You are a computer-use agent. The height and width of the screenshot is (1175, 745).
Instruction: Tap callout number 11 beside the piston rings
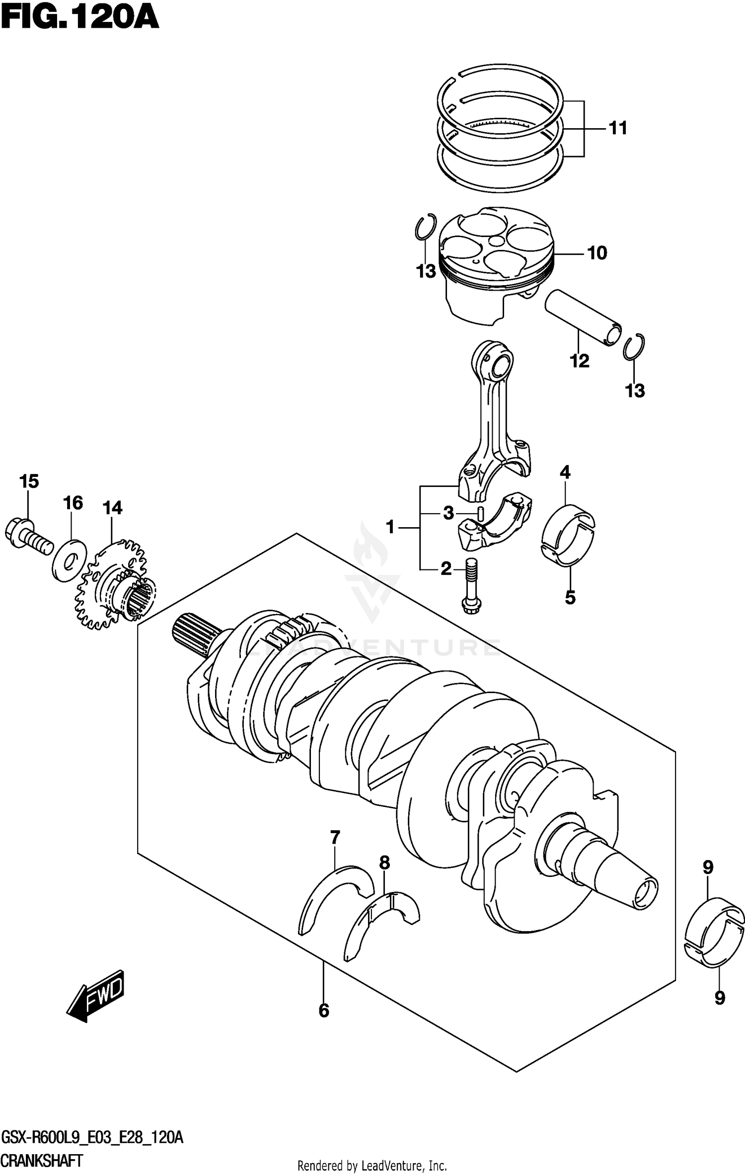tap(618, 128)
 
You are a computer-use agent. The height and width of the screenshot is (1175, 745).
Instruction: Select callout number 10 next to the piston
tap(597, 253)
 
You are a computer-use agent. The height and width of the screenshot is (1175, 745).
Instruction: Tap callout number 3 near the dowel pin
tap(448, 513)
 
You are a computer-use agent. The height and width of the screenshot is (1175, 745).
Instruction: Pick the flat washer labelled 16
tap(70, 560)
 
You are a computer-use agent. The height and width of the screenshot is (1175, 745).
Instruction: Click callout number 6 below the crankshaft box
tap(323, 1011)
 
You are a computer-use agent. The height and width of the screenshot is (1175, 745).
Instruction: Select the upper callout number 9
tap(708, 868)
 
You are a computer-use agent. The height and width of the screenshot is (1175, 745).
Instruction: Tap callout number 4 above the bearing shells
tap(565, 472)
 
